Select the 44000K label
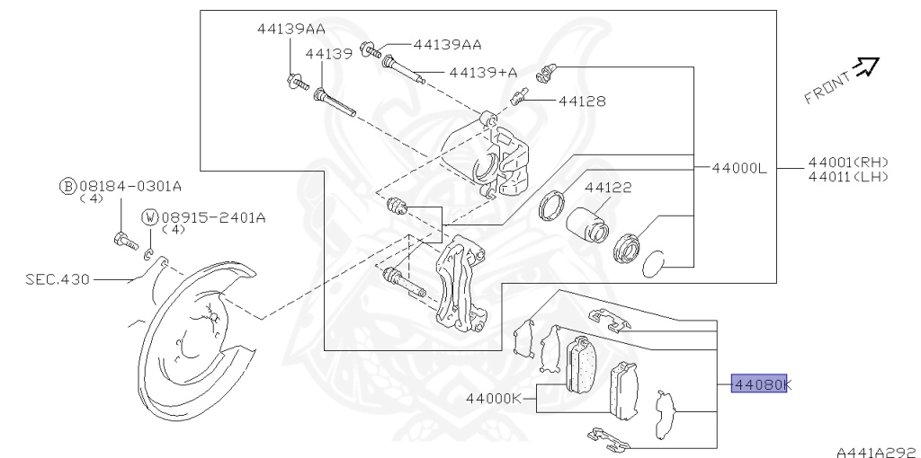(494, 398)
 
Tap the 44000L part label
(739, 168)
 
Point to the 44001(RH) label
(848, 162)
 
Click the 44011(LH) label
(848, 176)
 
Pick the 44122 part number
(608, 187)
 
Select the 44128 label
(582, 101)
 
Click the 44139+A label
(483, 72)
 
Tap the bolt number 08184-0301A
(130, 187)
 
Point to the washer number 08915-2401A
(213, 217)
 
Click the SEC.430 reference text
(58, 279)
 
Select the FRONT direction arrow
(866, 66)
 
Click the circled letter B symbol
(68, 187)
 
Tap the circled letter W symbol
(150, 217)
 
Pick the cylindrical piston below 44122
(587, 225)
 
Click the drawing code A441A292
(878, 452)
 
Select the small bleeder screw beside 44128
(520, 95)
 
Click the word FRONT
(827, 88)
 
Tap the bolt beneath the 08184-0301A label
(126, 241)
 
